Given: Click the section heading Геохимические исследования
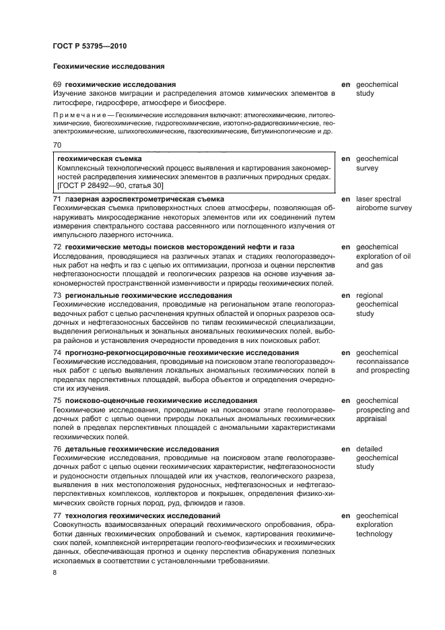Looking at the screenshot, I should tap(108, 67).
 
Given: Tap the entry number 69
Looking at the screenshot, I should tap(57, 85).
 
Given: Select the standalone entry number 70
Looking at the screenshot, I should tap(57, 145).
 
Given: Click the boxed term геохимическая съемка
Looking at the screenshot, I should tap(95, 159).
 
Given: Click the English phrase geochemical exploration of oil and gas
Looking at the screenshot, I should tap(382, 257).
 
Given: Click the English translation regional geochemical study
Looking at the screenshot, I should tap(378, 305).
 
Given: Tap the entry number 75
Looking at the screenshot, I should tap(57, 400).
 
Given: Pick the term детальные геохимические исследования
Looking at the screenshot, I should tap(141, 449).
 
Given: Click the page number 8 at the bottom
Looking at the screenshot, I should tap(55, 573).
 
